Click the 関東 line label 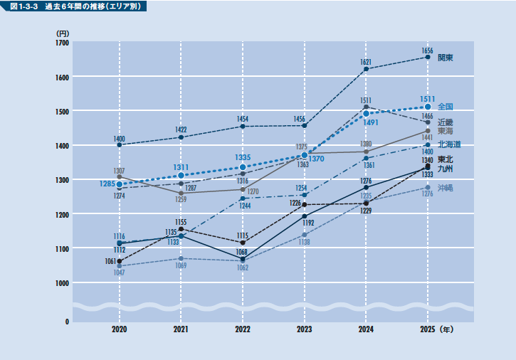click(446, 58)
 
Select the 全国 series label click(446, 107)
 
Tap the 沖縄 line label click(446, 188)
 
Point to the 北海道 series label click(449, 144)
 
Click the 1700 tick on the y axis click(62, 43)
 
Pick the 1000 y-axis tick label click(62, 283)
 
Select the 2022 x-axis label click(243, 330)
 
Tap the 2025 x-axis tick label click(428, 330)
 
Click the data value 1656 click(427, 51)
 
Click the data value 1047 click(119, 273)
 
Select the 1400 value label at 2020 click(119, 138)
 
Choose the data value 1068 click(242, 252)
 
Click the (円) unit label click(62, 33)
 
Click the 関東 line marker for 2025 click(428, 57)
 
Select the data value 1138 click(305, 242)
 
